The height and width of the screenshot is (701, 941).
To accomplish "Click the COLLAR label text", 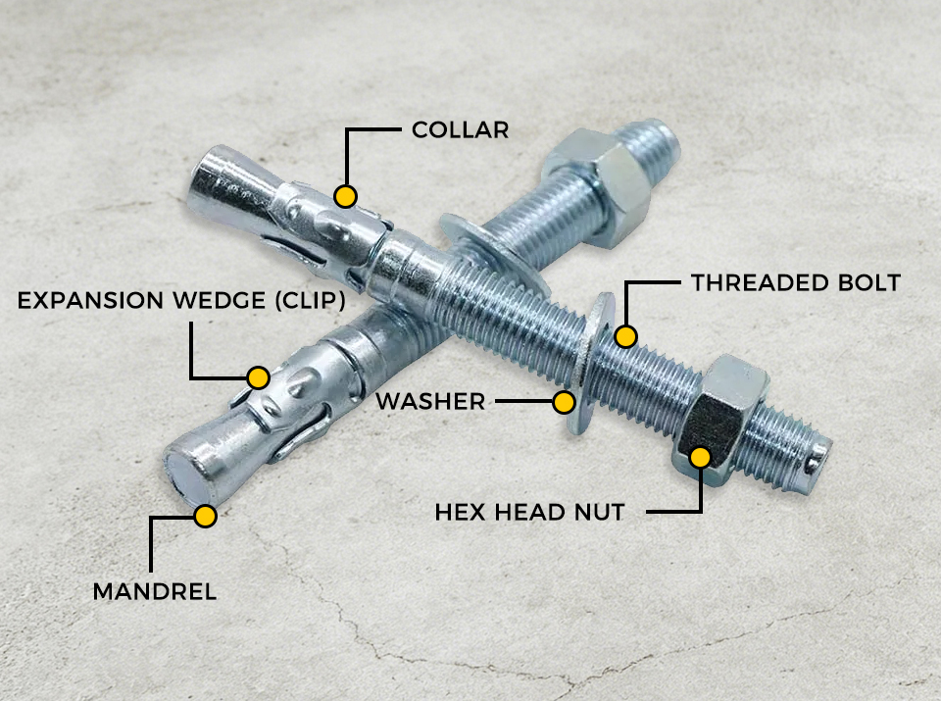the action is (x=461, y=129).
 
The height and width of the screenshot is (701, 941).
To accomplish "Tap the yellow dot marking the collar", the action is (x=346, y=196).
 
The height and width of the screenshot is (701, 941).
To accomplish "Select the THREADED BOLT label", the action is (x=796, y=282).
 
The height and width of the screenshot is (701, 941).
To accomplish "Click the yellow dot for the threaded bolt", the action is (x=625, y=336).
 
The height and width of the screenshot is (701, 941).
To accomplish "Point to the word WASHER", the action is (x=431, y=402).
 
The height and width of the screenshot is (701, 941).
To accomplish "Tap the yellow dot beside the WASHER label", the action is (x=564, y=402).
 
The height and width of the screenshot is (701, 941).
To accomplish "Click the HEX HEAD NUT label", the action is (x=530, y=512).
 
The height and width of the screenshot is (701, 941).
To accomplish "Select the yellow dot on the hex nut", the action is (x=700, y=458).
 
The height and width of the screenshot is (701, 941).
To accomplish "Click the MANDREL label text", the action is (x=155, y=592).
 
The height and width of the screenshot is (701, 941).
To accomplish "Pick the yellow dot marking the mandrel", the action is (x=205, y=516).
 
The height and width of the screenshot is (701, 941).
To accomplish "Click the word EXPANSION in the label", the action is (x=90, y=300).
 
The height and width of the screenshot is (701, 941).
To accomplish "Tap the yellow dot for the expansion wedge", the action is (x=258, y=377).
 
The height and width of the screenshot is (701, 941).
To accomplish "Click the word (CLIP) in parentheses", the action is (x=311, y=300).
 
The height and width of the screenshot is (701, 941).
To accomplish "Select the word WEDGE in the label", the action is (x=219, y=300).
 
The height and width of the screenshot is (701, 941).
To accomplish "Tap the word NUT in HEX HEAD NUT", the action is (x=600, y=512).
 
